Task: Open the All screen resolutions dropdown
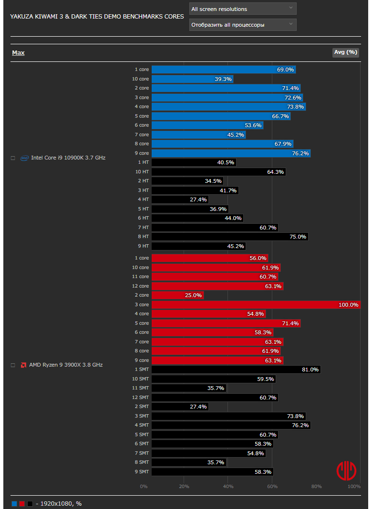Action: pos(243,9)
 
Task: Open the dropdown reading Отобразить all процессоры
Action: pos(243,25)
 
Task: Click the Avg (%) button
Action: pos(345,52)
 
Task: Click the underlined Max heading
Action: pos(18,53)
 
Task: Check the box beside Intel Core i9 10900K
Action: pos(13,158)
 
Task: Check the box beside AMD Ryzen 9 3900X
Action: pos(13,365)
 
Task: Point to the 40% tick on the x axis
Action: pos(228,487)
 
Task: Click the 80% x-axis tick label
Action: pos(316,487)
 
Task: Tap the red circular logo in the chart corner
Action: pos(346,470)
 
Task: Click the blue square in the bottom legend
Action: pos(14,503)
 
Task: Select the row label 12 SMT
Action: pos(142,398)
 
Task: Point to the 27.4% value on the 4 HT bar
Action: pos(198,200)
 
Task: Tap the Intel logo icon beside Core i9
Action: pos(24,158)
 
